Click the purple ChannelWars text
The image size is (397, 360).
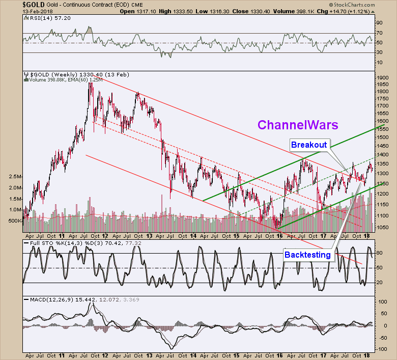coord(298,125)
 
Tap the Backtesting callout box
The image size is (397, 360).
coord(308,254)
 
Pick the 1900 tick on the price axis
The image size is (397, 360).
coord(382,77)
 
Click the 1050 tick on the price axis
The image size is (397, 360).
coord(382,227)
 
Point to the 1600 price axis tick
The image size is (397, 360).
coord(382,121)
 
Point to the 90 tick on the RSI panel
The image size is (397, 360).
coord(379,23)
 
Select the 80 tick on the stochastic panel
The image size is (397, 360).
coord(379,253)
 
